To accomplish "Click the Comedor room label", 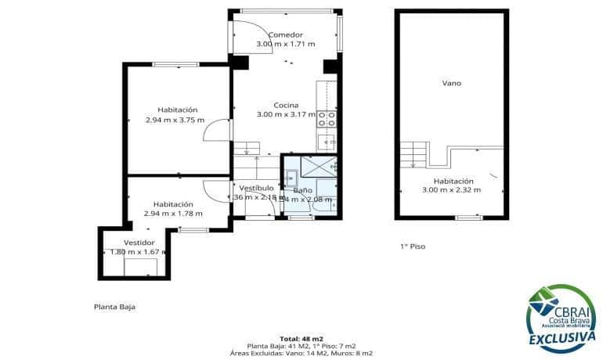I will pyautogui.click(x=285, y=34).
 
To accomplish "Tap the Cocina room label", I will pyautogui.click(x=285, y=105).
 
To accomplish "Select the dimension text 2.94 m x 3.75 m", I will pyautogui.click(x=175, y=120).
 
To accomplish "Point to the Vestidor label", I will pyautogui.click(x=129, y=242).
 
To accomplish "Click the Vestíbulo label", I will pyautogui.click(x=256, y=188).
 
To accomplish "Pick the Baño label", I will pyautogui.click(x=302, y=190).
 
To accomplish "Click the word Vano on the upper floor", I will pyautogui.click(x=451, y=83).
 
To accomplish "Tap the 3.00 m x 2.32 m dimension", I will pyautogui.click(x=451, y=189).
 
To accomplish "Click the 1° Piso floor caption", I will pyautogui.click(x=412, y=246).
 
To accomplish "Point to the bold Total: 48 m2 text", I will pyautogui.click(x=301, y=337).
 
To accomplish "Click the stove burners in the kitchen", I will pyautogui.click(x=327, y=119).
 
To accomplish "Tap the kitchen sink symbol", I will pyautogui.click(x=327, y=141).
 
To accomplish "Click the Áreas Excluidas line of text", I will pyautogui.click(x=301, y=354).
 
